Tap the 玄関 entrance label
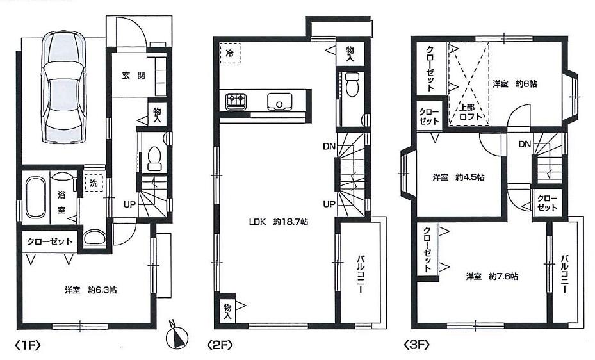point(134,75)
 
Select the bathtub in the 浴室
point(35,199)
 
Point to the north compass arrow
point(178,336)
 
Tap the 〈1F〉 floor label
point(28,346)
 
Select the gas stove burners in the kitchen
point(234,101)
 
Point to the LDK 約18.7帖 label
point(279,222)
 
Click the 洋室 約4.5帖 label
point(457,177)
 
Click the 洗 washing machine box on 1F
point(94,183)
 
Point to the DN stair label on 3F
point(524,144)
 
